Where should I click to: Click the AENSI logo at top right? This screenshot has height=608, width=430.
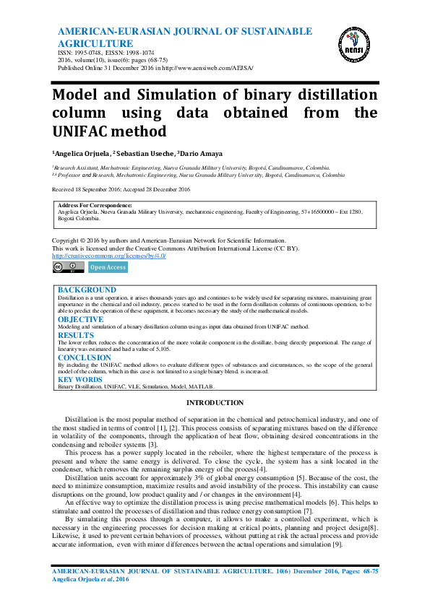(351, 45)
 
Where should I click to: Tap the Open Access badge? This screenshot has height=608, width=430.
(107, 267)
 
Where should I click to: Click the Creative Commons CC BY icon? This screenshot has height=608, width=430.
(68, 267)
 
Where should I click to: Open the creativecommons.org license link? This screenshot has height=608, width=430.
(109, 256)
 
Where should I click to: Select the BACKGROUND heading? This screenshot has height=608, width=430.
(87, 290)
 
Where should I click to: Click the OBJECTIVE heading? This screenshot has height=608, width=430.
(80, 318)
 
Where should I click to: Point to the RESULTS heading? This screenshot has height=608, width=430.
(76, 335)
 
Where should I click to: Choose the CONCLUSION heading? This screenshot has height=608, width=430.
(85, 357)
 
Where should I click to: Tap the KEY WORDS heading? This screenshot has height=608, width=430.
(79, 379)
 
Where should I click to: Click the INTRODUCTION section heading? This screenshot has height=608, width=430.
(215, 402)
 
